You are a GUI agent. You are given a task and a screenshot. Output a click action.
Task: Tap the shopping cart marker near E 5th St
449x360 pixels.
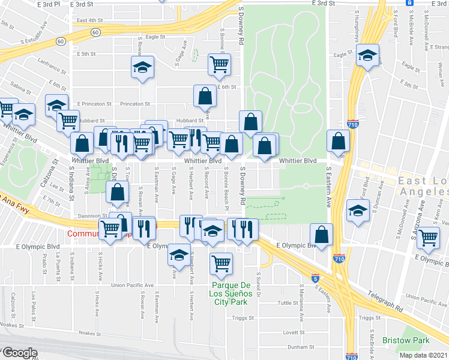pos(220,64)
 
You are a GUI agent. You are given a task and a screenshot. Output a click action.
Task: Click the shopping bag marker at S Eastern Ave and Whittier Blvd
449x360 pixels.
pos(339,141)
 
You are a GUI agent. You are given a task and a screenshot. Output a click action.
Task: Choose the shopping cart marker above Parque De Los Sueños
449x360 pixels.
pos(221,262)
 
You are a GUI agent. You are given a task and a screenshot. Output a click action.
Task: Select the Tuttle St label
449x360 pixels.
pos(288,303)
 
